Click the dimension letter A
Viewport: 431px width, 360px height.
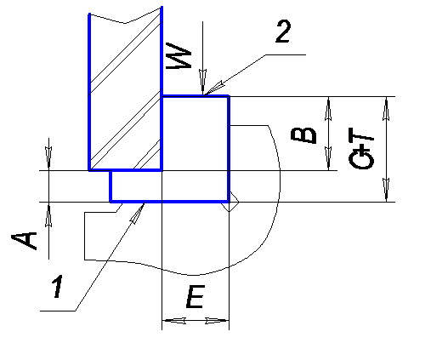point(24,241)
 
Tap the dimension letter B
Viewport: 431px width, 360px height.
point(303,135)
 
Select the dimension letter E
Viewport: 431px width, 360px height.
point(196,297)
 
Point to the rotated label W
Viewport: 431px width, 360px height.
point(179,56)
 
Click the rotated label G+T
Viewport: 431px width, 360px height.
point(360,148)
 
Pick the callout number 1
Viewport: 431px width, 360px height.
point(58,286)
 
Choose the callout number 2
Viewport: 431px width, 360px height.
point(283,32)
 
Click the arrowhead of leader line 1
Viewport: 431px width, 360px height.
point(138,213)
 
